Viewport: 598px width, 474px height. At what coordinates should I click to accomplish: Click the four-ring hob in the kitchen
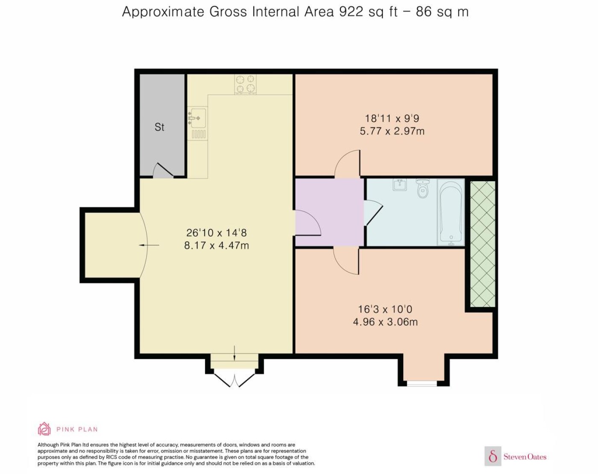pyautogui.click(x=245, y=84)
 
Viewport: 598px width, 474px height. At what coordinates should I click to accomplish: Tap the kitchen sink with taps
pyautogui.click(x=198, y=123)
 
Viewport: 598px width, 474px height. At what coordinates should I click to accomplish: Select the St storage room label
pyautogui.click(x=159, y=127)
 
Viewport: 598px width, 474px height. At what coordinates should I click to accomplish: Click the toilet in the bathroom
pyautogui.click(x=422, y=188)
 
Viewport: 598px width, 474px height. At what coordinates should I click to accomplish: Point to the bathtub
pyautogui.click(x=451, y=212)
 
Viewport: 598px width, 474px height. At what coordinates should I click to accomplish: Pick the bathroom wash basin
pyautogui.click(x=400, y=185)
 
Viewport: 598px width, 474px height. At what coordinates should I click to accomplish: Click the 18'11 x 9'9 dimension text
pyautogui.click(x=392, y=118)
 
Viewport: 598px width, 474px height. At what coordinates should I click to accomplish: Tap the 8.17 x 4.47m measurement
pyautogui.click(x=217, y=245)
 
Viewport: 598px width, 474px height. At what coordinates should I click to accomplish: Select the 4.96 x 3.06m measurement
pyautogui.click(x=385, y=322)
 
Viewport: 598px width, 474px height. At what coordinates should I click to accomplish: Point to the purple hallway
pyautogui.click(x=329, y=212)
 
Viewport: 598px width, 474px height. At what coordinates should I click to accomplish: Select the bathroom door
pyautogui.click(x=373, y=212)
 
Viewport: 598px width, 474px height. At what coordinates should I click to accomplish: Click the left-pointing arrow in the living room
pyautogui.click(x=149, y=245)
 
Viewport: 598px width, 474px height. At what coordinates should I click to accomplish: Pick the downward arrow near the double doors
pyautogui.click(x=234, y=353)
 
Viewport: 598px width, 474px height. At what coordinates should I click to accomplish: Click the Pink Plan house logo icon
pyautogui.click(x=44, y=429)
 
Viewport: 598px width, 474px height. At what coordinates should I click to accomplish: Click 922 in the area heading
pyautogui.click(x=351, y=12)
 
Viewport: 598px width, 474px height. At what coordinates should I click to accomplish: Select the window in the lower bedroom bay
pyautogui.click(x=422, y=384)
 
